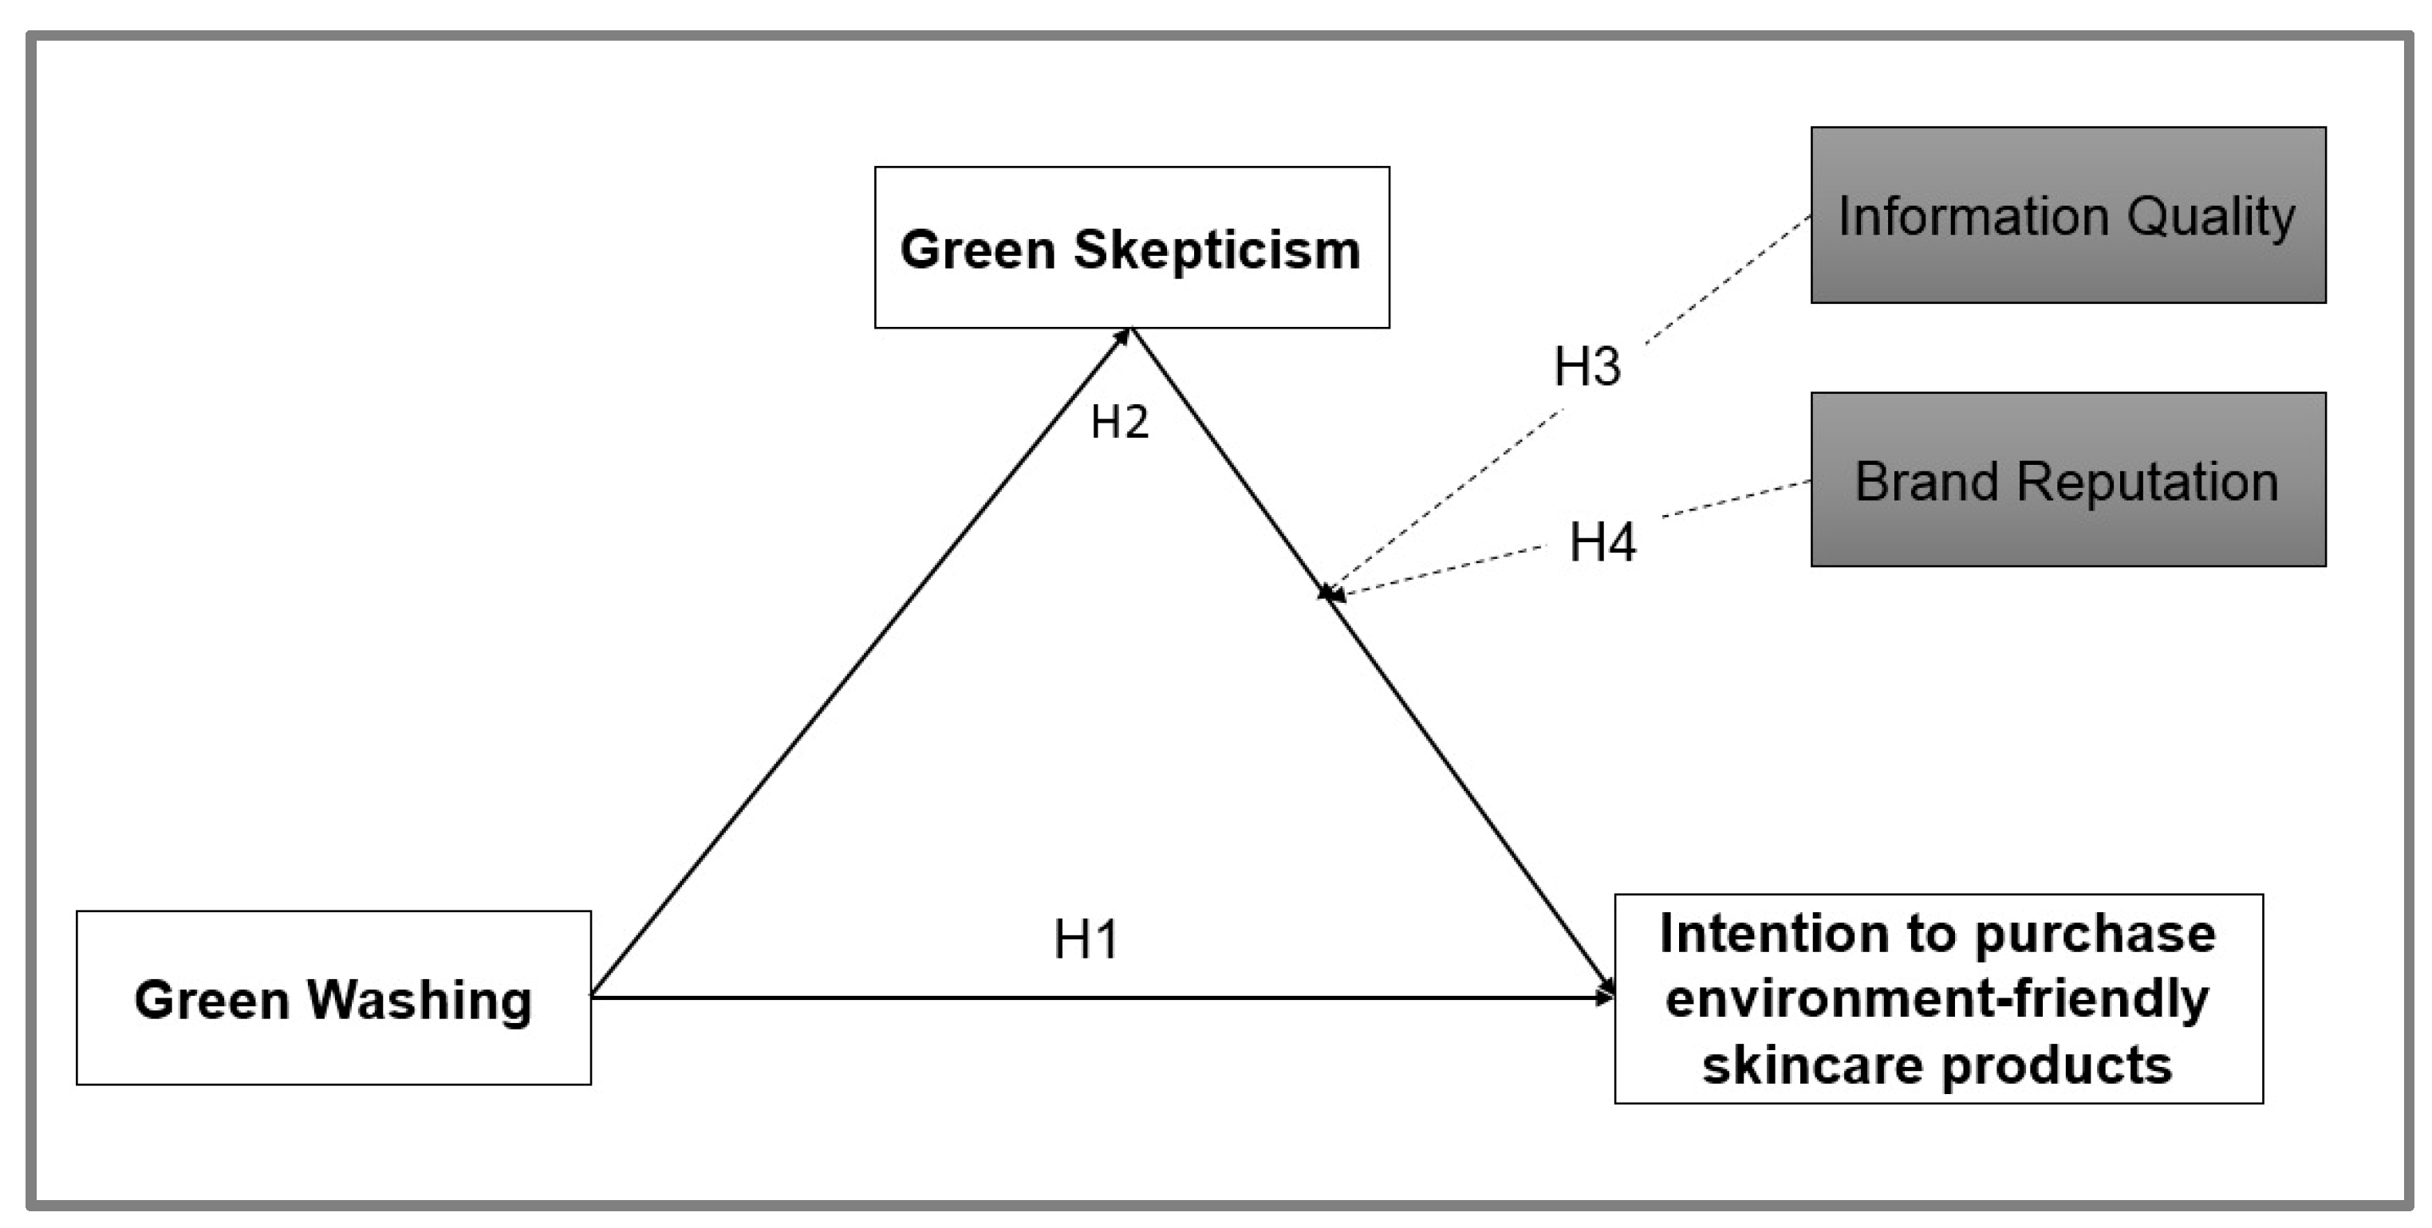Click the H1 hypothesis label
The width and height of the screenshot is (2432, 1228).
(x=1086, y=940)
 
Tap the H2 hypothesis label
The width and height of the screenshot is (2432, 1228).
(x=1120, y=422)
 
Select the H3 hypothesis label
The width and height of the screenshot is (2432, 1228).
(x=1587, y=366)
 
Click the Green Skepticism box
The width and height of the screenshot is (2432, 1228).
(x=1131, y=247)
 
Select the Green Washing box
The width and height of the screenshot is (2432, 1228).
(x=333, y=998)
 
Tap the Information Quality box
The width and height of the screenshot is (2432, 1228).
(x=2067, y=215)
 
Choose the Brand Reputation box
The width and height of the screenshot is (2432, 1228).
(x=2067, y=479)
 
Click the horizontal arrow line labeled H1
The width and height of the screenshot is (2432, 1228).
(x=1039, y=997)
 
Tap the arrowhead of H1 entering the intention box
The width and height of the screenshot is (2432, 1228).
(x=1605, y=996)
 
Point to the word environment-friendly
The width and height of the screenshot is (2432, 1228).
(x=1937, y=998)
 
